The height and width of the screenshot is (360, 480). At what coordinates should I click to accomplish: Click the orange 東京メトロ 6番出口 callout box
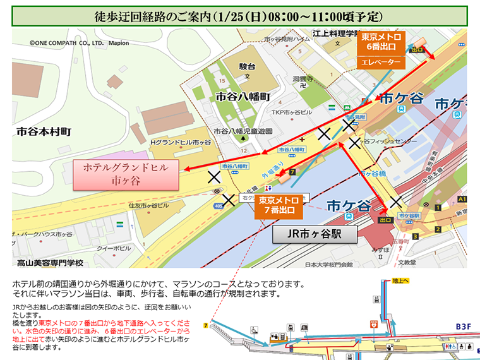(x=381, y=42)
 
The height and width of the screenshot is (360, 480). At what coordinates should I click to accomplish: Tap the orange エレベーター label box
(x=381, y=62)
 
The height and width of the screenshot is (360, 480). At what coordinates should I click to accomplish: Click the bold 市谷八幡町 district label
(x=243, y=97)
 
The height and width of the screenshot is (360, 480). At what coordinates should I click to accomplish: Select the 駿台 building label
(x=248, y=66)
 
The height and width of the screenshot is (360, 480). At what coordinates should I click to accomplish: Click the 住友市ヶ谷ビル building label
(x=149, y=206)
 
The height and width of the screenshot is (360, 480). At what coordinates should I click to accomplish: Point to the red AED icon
(x=374, y=324)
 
